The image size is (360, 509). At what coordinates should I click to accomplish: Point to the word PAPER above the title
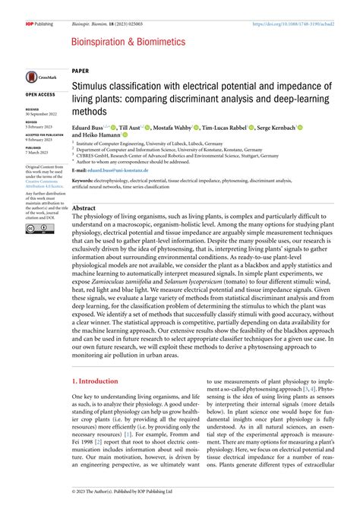[80, 68]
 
